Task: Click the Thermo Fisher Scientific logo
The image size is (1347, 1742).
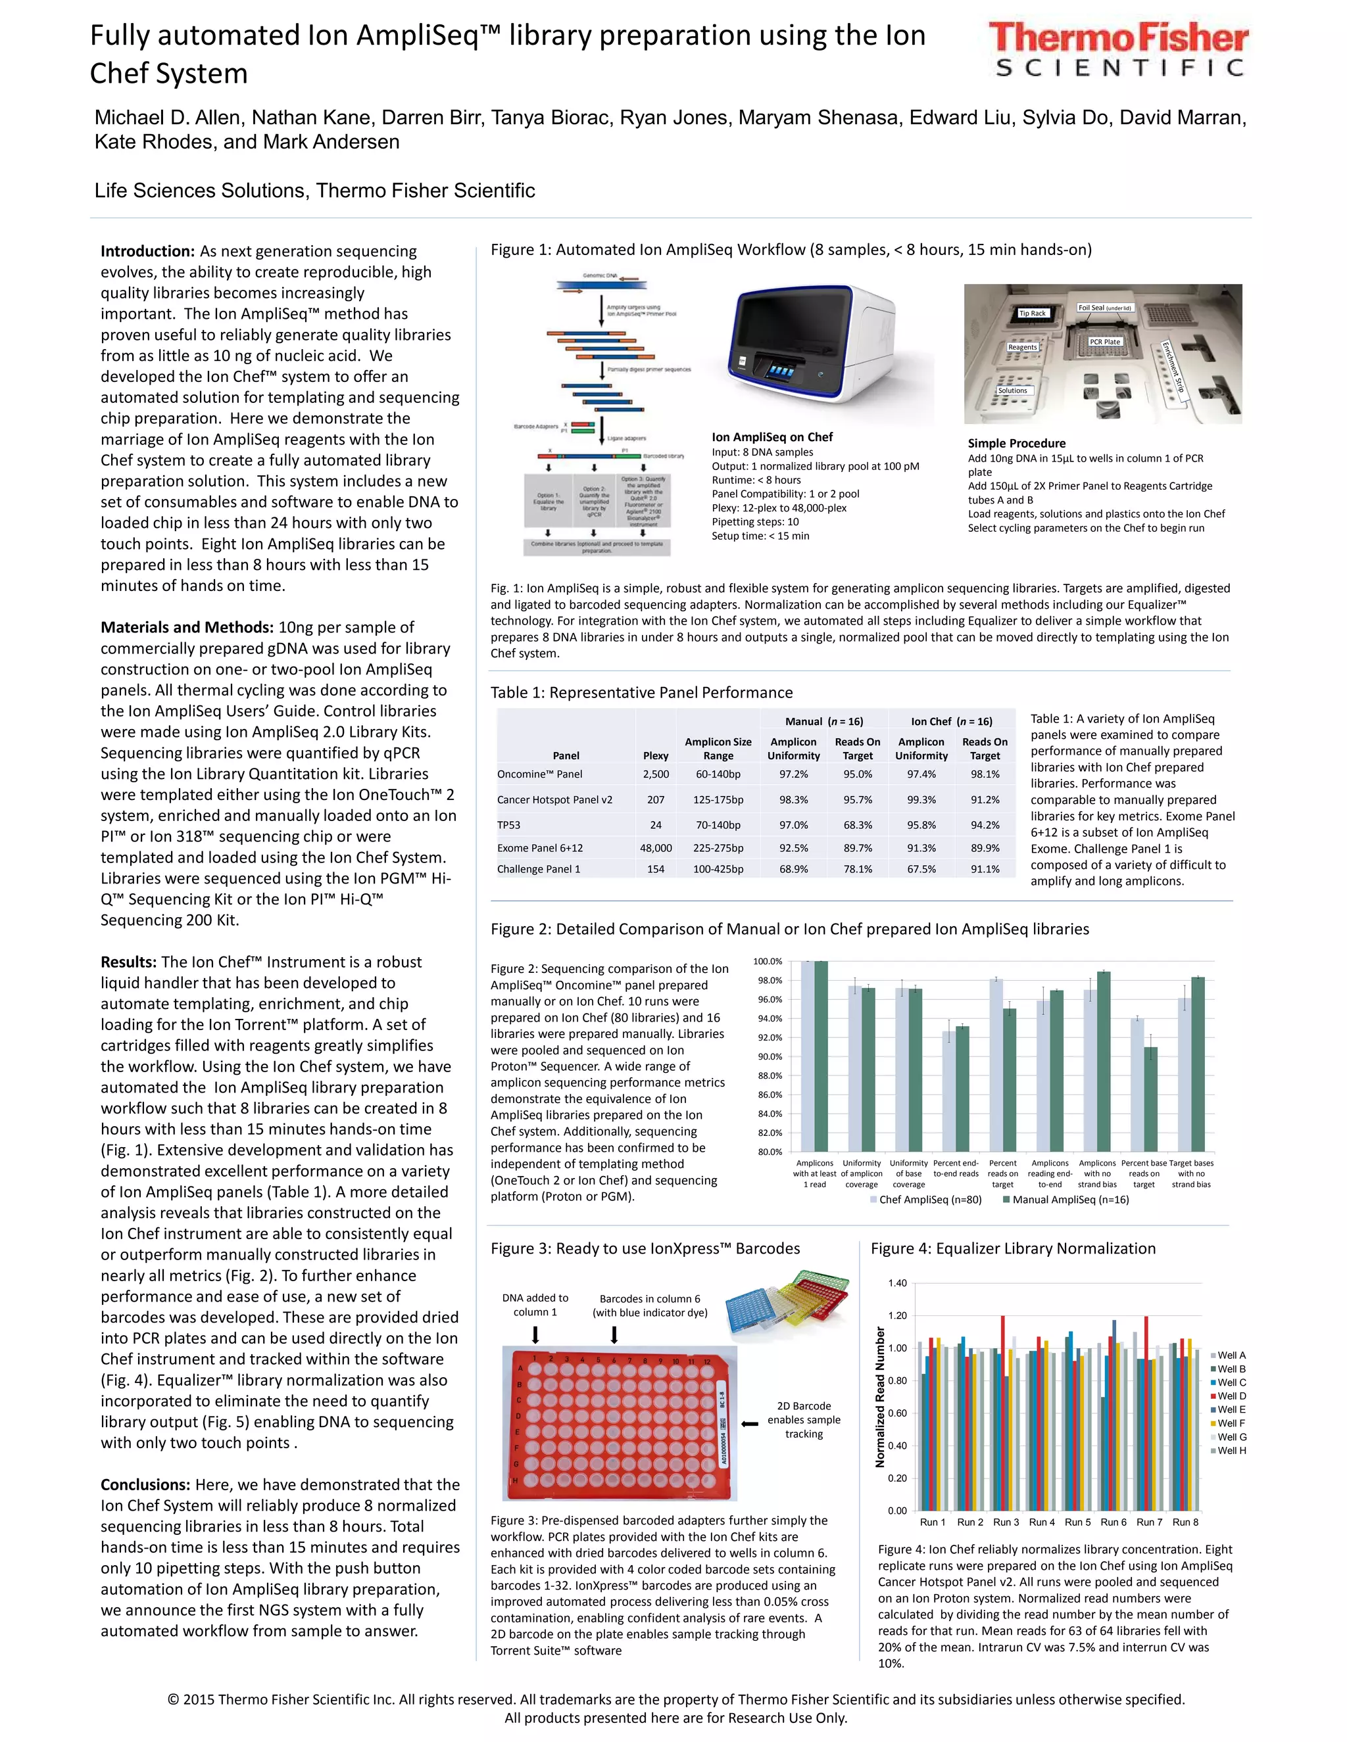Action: pyautogui.click(x=1118, y=50)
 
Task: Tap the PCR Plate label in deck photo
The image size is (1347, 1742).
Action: pyautogui.click(x=1104, y=341)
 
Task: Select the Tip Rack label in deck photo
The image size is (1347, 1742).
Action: pyautogui.click(x=1032, y=313)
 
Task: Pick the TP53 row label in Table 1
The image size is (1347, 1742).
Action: pyautogui.click(x=508, y=825)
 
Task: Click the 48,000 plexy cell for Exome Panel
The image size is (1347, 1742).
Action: pyautogui.click(x=655, y=848)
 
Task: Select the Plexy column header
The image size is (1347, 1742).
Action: pyautogui.click(x=655, y=755)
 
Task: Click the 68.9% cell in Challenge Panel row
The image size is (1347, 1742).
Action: pyautogui.click(x=793, y=868)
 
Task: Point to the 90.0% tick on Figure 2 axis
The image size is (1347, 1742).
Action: pyautogui.click(x=770, y=1057)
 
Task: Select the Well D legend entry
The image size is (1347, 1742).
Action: pyautogui.click(x=1231, y=1396)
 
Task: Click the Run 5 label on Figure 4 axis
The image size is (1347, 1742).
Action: pyautogui.click(x=1077, y=1522)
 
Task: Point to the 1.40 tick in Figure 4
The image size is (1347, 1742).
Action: pyautogui.click(x=897, y=1283)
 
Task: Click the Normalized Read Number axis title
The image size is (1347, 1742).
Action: pyautogui.click(x=880, y=1397)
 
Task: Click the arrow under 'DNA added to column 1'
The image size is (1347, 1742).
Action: pyautogui.click(x=535, y=1335)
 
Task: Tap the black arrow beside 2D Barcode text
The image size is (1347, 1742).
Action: pyautogui.click(x=749, y=1424)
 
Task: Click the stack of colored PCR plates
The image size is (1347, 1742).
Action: pyautogui.click(x=786, y=1305)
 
